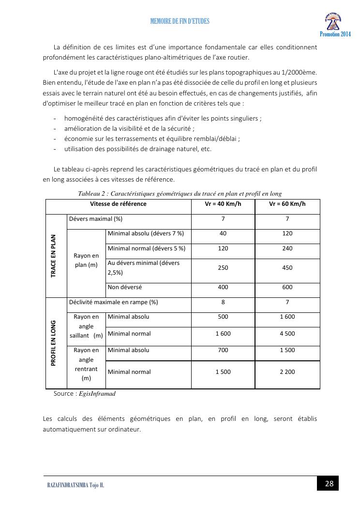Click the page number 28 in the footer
click(329, 483)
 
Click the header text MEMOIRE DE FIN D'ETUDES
click(180, 21)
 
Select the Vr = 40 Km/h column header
click(223, 204)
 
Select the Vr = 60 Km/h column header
click(287, 204)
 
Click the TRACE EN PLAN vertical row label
click(54, 256)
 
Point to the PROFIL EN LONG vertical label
click(54, 343)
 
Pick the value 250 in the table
click(223, 268)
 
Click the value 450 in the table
click(287, 268)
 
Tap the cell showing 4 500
click(287, 334)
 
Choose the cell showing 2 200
click(287, 372)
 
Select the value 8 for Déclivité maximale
click(223, 302)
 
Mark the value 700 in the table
click(223, 350)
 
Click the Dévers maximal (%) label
click(96, 219)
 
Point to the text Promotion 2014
click(335, 34)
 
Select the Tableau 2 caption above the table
click(180, 194)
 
